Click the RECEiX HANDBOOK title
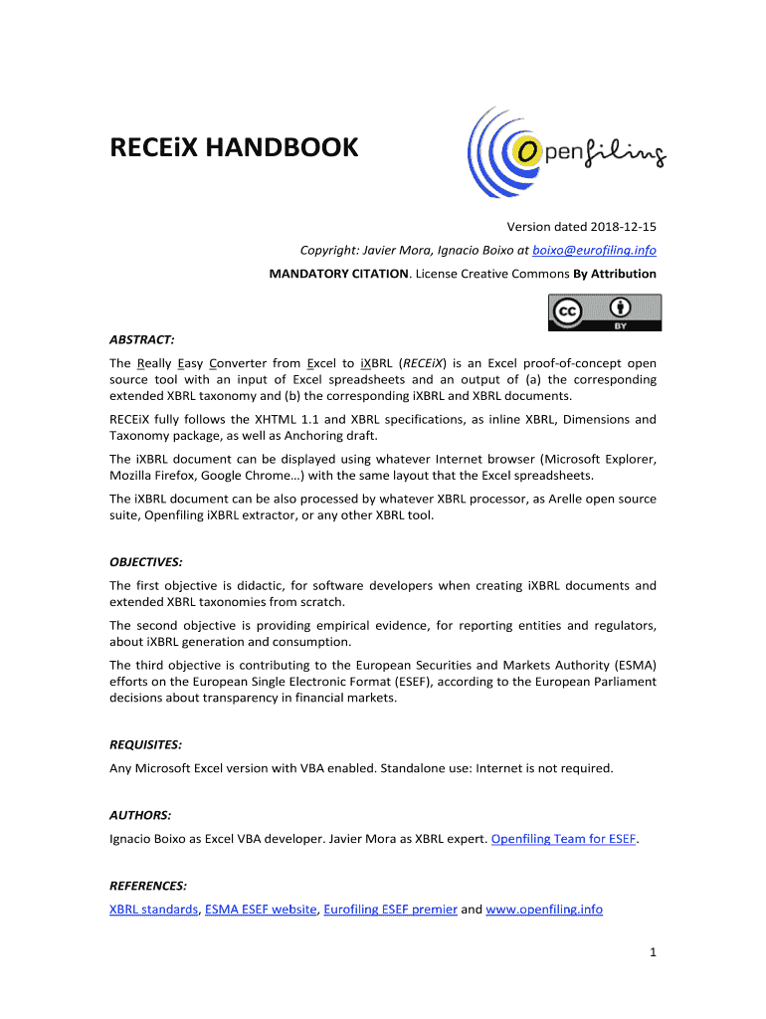point(233,149)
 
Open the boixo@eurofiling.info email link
point(594,250)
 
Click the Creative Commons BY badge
point(604,312)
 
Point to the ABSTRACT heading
point(142,339)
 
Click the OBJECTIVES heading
point(145,562)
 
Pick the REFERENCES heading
point(148,885)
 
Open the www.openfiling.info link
point(544,910)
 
